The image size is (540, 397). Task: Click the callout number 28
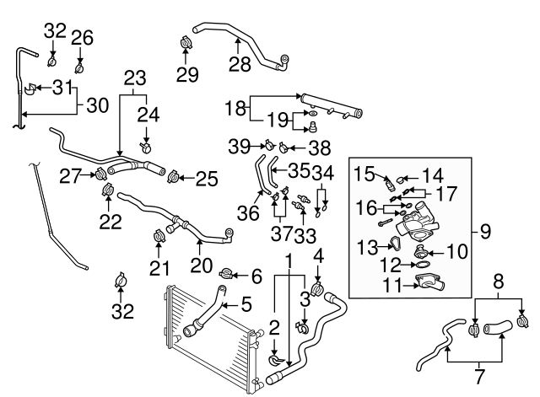coord(240,64)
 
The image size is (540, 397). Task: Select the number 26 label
coord(81,36)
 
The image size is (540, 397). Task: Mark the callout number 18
coord(235,109)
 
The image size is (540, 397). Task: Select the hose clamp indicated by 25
coord(175,178)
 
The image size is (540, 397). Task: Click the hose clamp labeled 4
coord(317,290)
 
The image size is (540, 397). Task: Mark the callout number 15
coord(363,174)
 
